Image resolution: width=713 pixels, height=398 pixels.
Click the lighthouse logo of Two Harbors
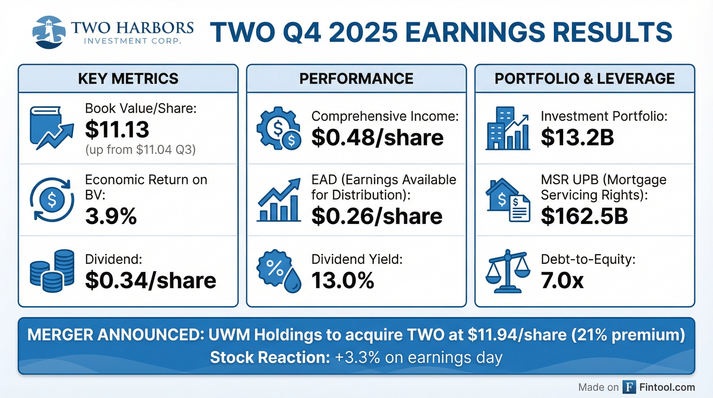coord(49,32)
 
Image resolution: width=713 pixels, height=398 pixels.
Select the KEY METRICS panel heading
coord(128,79)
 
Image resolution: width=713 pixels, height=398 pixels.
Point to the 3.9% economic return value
coord(111,216)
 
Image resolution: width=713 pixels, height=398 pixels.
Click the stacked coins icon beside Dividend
coord(52,271)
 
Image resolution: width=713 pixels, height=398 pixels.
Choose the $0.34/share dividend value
coord(151,280)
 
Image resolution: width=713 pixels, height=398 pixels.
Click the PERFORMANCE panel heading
coord(356,79)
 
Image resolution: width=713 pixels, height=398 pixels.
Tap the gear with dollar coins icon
coord(279,129)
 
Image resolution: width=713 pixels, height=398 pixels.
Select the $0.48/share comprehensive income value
coord(377,138)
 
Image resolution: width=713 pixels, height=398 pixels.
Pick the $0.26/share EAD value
coord(377,216)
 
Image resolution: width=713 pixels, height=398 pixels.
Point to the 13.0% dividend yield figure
coord(343,280)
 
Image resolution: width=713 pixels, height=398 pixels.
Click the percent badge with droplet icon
coord(279,271)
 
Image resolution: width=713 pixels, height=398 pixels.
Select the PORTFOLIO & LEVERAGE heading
coord(584,79)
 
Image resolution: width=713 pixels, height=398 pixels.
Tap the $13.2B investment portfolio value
coord(577,138)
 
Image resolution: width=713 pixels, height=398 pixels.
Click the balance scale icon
coord(508,271)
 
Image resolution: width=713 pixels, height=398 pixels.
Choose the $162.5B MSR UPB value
coord(584,216)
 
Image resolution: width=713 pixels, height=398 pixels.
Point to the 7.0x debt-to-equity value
coord(562,280)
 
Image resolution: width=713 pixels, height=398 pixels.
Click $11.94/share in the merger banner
coord(517,335)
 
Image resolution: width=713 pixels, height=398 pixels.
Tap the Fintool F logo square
coord(629,387)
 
